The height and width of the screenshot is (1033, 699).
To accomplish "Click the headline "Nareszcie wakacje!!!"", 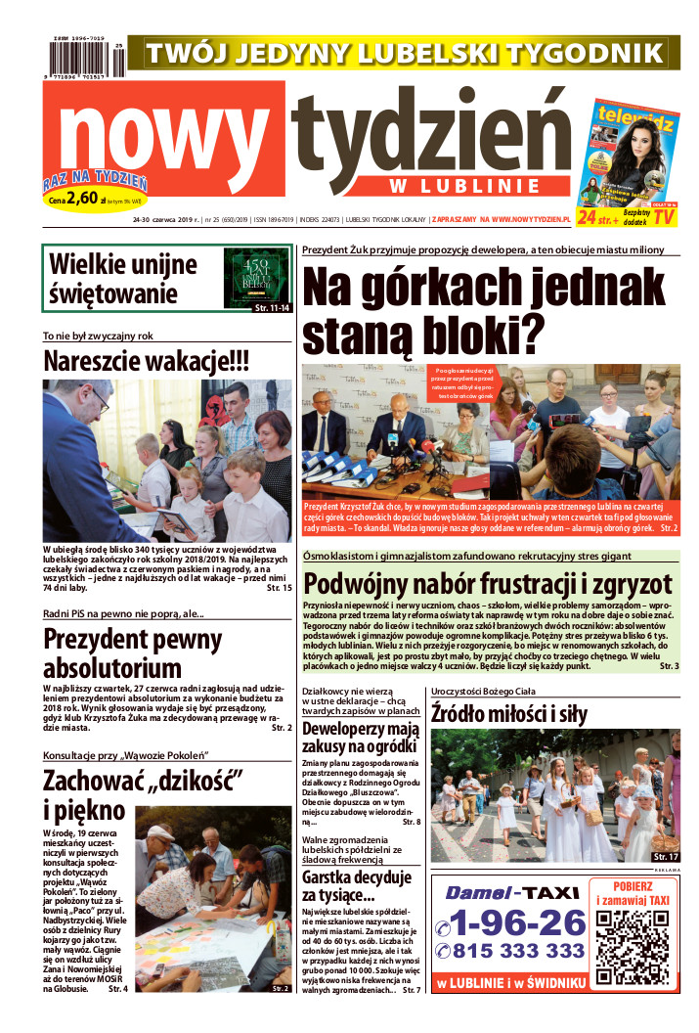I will (x=147, y=361).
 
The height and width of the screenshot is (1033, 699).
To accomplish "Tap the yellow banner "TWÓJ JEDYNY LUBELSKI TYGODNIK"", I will (x=403, y=52).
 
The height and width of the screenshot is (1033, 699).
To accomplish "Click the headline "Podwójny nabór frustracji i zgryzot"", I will (x=501, y=583).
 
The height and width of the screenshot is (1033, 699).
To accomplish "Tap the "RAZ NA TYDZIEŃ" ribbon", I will (x=95, y=181).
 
